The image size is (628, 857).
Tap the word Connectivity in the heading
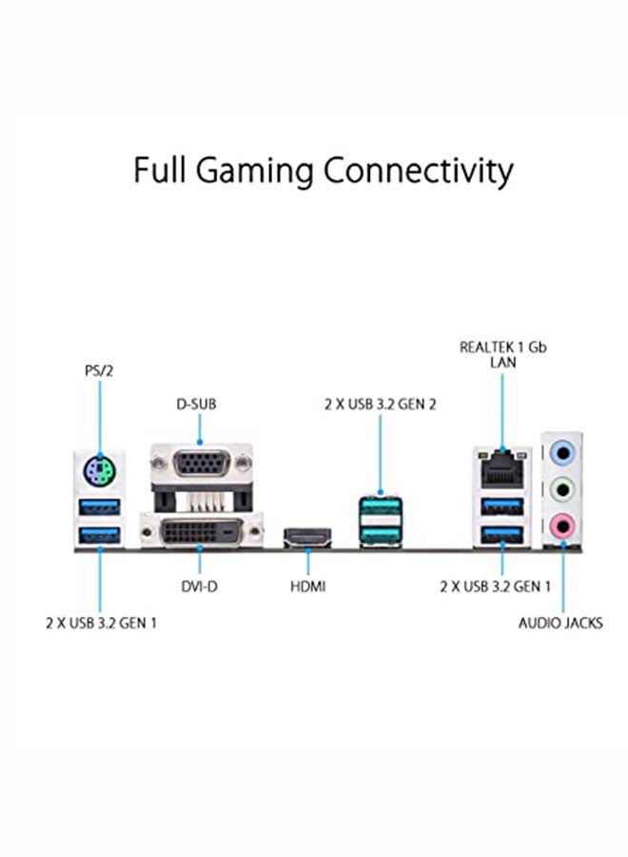coord(417,171)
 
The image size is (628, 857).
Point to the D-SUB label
coord(198,404)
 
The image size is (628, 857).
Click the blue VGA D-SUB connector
coord(200,467)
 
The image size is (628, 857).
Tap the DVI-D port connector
coord(199,530)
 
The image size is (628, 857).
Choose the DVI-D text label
coord(199,587)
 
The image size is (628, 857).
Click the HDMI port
coord(307,539)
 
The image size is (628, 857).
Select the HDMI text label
coord(307,587)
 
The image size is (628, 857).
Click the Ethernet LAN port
coord(502,466)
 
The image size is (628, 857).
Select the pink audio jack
coord(563,522)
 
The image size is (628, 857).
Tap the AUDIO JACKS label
coord(560,623)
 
